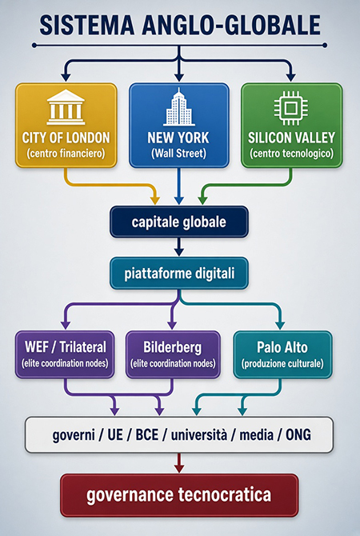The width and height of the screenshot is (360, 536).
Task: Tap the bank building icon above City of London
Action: pyautogui.click(x=66, y=107)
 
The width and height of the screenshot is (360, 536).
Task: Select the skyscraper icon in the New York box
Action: pyautogui.click(x=179, y=107)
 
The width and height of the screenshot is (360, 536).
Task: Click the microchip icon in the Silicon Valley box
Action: pyautogui.click(x=290, y=108)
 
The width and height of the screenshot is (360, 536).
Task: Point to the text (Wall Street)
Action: pyautogui.click(x=179, y=154)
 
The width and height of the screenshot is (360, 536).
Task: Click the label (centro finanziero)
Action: pyautogui.click(x=66, y=154)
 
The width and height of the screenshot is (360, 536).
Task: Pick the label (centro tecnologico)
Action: pyautogui.click(x=291, y=154)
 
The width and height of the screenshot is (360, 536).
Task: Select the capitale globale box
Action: pyautogui.click(x=179, y=222)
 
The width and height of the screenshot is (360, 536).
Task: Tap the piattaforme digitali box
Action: pyautogui.click(x=179, y=274)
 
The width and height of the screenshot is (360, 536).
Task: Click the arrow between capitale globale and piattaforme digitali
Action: pyautogui.click(x=179, y=247)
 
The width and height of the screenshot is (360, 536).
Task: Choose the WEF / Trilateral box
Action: pyautogui.click(x=65, y=354)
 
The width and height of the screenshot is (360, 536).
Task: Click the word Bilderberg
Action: pyautogui.click(x=173, y=348)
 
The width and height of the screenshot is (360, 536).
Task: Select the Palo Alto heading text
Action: pyautogui.click(x=282, y=347)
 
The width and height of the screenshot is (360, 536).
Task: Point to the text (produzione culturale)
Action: pyautogui.click(x=282, y=364)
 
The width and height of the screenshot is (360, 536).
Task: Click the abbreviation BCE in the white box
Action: pyautogui.click(x=147, y=435)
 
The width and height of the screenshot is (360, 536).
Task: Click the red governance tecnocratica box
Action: pyautogui.click(x=179, y=495)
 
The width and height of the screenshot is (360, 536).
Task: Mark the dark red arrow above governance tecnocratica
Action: pyautogui.click(x=179, y=463)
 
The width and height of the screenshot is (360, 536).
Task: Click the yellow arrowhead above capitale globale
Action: pyautogui.click(x=155, y=200)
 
